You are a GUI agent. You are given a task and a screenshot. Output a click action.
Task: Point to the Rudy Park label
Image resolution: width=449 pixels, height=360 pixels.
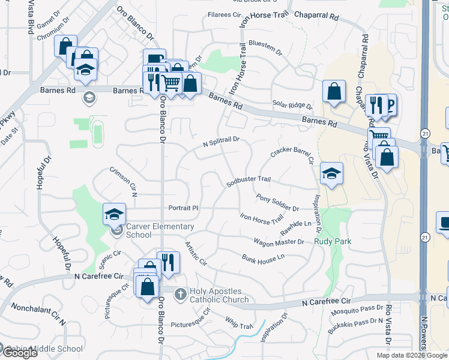(332, 242)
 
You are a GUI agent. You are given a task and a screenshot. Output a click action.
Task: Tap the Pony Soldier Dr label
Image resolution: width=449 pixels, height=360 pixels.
(277, 203)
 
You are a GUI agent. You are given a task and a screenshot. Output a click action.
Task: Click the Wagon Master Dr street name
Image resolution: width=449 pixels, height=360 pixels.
(279, 242)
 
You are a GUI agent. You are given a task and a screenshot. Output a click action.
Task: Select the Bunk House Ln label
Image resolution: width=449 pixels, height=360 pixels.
(263, 257)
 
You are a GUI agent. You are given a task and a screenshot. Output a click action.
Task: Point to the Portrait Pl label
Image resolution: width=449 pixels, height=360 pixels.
(183, 208)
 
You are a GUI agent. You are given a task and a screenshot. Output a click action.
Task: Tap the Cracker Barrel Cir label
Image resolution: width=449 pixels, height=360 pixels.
(292, 152)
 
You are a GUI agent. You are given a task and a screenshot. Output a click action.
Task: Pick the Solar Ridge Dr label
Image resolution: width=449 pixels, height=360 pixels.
(292, 106)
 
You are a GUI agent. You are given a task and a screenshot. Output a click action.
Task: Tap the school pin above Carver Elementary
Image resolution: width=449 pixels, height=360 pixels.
(114, 214)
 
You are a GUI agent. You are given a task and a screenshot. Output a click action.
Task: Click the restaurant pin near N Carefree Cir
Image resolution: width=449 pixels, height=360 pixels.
(168, 262)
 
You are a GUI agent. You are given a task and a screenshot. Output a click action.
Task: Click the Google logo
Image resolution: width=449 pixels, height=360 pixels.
(19, 353)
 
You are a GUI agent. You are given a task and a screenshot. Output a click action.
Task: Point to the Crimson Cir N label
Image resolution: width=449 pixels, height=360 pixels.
(124, 181)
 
